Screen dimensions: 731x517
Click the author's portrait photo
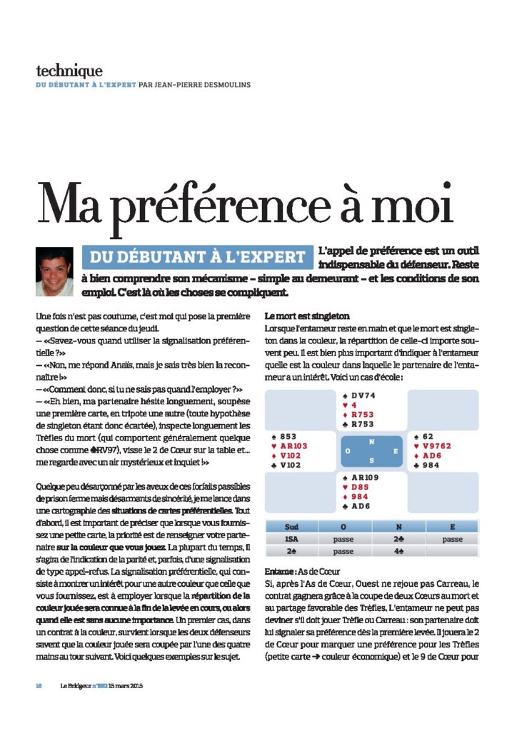click(55, 271)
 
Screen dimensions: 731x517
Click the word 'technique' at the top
click(69, 71)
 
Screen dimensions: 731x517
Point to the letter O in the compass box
click(348, 452)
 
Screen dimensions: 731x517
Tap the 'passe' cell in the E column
click(452, 540)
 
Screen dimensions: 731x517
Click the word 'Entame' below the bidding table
click(277, 572)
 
